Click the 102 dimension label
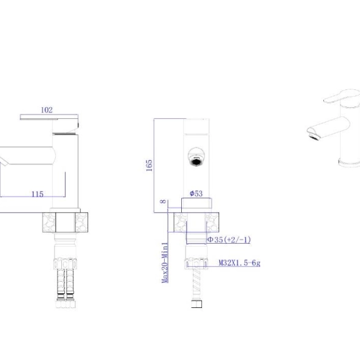(47, 110)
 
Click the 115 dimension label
(37, 194)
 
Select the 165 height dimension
(149, 165)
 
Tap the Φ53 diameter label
(196, 193)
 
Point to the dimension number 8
(163, 201)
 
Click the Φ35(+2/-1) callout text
(229, 240)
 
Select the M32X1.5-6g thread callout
(239, 263)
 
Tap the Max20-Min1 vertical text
(165, 263)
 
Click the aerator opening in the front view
(196, 162)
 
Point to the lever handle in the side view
(50, 117)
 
